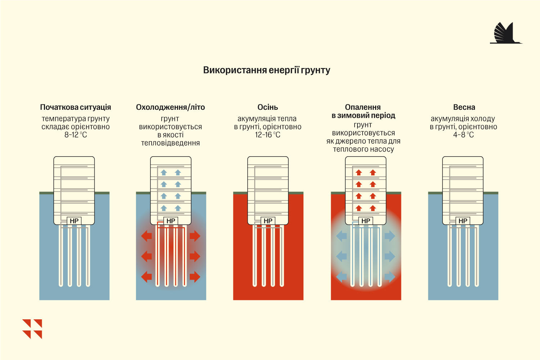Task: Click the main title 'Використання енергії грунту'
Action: pos(267,70)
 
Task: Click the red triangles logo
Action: pos(32,329)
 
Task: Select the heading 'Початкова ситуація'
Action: pos(76,107)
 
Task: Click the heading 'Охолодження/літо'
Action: pos(170,107)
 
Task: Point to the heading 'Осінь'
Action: pos(267,107)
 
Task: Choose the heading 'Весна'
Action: pos(464,107)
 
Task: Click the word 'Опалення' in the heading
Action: pos(363,107)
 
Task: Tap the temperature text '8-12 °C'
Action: pos(76,135)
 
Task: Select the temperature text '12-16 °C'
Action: pos(267,135)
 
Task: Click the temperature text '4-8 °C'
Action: pos(464,135)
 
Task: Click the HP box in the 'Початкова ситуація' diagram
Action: pos(74,221)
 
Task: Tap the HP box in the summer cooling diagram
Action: pos(171,221)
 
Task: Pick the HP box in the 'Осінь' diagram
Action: pos(268,221)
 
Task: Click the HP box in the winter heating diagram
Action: pos(366,221)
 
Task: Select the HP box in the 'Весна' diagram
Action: pos(463,221)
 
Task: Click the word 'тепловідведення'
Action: pos(170,143)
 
